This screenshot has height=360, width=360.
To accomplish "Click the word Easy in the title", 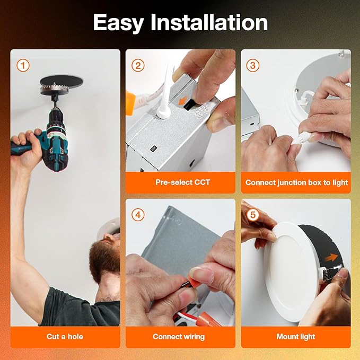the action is coord(118,22).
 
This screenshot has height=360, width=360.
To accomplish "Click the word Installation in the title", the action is coord(209,22).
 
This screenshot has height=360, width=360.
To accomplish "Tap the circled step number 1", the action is coord(23,65).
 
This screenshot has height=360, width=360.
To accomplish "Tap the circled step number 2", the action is coord(138,65).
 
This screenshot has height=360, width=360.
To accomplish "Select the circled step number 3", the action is coord(252,65).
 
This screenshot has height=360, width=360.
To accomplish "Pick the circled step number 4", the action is coord(138,215).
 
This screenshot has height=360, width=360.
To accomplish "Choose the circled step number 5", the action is coord(252,215).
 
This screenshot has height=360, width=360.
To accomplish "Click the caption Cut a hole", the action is coord(65,337).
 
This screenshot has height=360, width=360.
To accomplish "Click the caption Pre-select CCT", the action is coord(182,182).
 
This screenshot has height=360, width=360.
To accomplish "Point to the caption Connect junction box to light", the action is coord(296,182).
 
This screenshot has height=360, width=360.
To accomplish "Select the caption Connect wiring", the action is coord(179,337).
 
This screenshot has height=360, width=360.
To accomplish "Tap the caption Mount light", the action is coord(296,337).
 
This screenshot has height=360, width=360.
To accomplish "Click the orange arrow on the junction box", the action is coord(183,100).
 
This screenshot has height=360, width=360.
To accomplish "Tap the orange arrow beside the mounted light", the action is coord(331,257).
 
